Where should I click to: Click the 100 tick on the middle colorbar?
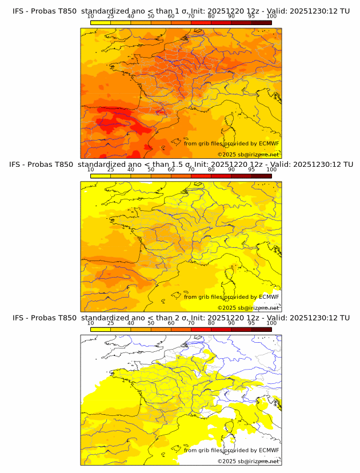(271, 170)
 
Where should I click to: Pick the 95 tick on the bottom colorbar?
(251, 323)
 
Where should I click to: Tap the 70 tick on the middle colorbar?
(191, 170)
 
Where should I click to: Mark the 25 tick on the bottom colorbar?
(111, 323)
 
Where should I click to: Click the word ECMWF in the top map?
(269, 143)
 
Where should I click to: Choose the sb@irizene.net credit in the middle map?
(251, 307)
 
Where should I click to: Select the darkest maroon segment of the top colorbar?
(261, 22)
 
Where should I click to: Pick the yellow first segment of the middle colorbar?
(101, 176)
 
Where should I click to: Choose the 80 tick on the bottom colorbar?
(211, 323)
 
